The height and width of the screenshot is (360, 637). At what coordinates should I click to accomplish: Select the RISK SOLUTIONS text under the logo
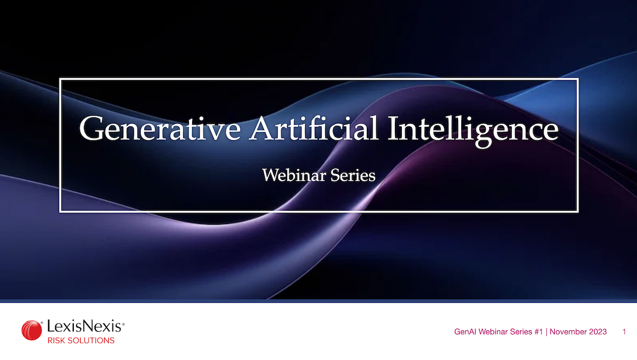click(81, 340)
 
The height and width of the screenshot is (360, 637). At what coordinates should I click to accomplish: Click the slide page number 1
click(624, 332)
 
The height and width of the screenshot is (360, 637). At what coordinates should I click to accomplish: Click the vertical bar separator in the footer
click(546, 332)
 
